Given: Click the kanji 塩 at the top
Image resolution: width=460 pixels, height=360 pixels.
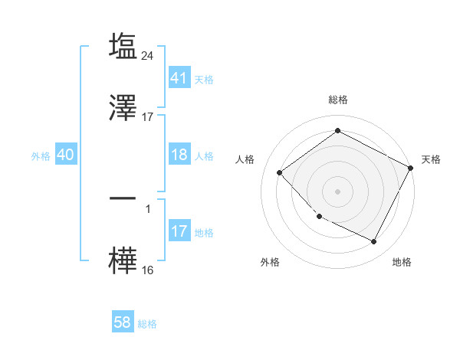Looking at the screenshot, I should (x=123, y=46).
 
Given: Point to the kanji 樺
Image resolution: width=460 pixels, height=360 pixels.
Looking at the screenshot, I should (x=123, y=261).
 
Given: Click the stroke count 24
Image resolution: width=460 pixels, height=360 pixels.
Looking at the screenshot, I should (x=148, y=55).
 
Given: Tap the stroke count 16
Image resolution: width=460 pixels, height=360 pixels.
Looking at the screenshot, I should (x=148, y=270).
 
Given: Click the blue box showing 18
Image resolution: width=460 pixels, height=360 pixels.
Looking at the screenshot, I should (x=179, y=155).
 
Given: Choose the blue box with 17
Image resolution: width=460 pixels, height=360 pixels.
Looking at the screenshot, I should (x=179, y=231).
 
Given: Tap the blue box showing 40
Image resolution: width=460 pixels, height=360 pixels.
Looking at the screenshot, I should (x=66, y=155).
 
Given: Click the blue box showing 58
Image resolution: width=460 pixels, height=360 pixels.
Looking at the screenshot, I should (x=123, y=322).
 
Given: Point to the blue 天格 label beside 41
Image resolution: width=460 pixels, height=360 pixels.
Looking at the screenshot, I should (x=204, y=79).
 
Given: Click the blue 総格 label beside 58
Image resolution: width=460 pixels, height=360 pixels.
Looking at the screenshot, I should (x=147, y=324).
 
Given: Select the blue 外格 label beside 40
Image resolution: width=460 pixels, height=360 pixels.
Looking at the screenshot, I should (x=41, y=156).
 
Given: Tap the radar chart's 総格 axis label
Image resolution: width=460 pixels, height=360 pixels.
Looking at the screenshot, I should (x=338, y=100).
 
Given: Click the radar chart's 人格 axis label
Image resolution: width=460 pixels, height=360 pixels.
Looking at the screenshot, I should (x=245, y=159).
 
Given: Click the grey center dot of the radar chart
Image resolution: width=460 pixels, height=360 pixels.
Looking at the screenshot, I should (x=338, y=191).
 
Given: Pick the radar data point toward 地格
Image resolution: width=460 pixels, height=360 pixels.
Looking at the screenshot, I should (x=374, y=242).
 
